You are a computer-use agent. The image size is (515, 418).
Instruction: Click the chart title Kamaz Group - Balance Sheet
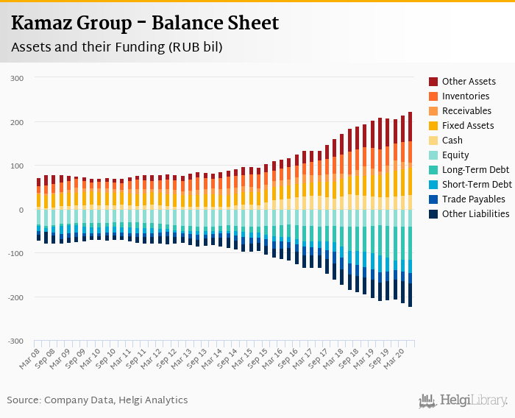[x=145, y=23]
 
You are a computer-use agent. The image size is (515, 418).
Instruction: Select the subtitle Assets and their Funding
[x=116, y=47]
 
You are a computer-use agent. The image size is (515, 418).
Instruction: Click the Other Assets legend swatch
[x=433, y=82]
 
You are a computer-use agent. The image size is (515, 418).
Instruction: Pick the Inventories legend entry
[x=466, y=96]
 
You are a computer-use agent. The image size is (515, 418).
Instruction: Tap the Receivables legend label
[x=467, y=111]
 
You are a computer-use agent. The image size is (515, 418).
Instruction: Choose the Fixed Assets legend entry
[x=468, y=126]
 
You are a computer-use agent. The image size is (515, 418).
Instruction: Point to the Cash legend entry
[x=452, y=141]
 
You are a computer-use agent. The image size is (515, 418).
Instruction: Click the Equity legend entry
[x=455, y=155]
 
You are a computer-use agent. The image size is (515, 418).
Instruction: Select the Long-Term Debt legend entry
[x=475, y=170]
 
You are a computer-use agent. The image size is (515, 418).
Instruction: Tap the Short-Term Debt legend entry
[x=477, y=185]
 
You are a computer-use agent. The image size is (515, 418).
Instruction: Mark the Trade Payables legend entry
[x=473, y=199]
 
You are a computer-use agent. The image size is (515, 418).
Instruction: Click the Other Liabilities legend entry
[x=475, y=214]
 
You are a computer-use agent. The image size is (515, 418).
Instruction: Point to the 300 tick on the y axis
[x=17, y=78]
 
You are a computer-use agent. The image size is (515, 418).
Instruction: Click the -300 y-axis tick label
[x=15, y=341]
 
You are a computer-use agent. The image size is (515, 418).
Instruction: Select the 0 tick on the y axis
[x=21, y=210]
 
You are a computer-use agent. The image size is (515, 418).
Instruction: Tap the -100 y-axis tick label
[x=15, y=254]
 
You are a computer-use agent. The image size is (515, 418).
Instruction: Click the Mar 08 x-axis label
[x=29, y=358]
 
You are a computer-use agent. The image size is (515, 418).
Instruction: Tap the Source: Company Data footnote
[x=97, y=400]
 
